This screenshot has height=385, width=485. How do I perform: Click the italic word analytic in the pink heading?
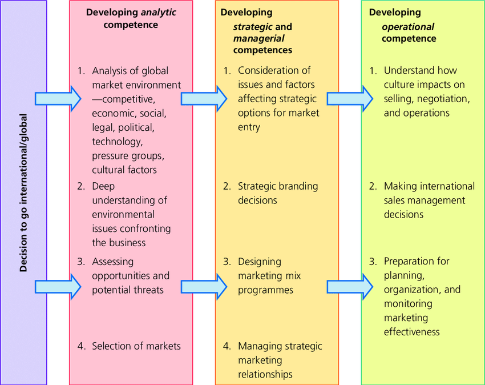pos(159,13)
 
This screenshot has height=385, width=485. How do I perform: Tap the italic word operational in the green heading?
pos(407,27)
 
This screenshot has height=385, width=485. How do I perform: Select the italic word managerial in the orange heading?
pos(258,38)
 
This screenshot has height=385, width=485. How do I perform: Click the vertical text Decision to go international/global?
pos(23,192)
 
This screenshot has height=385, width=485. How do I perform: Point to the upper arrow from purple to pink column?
pos(58,99)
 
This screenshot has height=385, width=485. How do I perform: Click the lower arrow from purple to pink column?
pos(58,287)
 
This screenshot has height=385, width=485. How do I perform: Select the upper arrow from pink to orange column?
pos(204,99)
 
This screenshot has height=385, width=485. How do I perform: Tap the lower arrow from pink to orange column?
pos(204,287)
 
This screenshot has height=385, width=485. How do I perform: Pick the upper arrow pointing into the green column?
pos(350,99)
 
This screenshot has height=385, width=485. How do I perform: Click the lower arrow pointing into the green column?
pos(350,287)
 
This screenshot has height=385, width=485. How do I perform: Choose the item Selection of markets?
pos(136,346)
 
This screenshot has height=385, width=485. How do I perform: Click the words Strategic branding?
pos(278,186)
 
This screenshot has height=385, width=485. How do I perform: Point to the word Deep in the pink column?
pos(103,186)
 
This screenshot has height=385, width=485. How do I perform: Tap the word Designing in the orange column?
pos(260,262)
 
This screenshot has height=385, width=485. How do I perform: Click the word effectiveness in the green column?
pos(412,332)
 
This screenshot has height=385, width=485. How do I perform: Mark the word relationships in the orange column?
pos(265,375)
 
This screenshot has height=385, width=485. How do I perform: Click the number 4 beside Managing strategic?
pos(227,346)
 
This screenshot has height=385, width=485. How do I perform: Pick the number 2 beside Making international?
pos(373,186)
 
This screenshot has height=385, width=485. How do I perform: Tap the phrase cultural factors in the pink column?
pos(124,170)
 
